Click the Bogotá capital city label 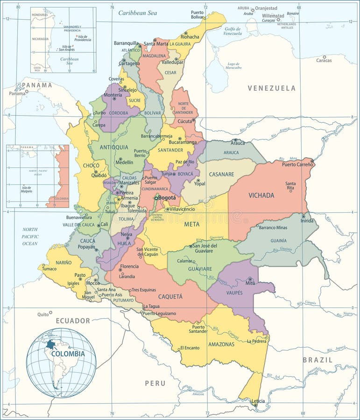[167, 197]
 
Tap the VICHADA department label [261, 195]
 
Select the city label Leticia [258, 401]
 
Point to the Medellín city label [124, 162]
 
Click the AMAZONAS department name [221, 344]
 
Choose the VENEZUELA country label [271, 88]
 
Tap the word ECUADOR [73, 321]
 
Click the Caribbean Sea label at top [137, 13]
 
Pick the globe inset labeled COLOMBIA [61, 362]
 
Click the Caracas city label [324, 60]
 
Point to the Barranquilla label [127, 43]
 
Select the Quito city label [43, 314]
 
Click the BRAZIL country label [318, 360]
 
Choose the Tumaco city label [49, 269]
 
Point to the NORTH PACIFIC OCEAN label [30, 236]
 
